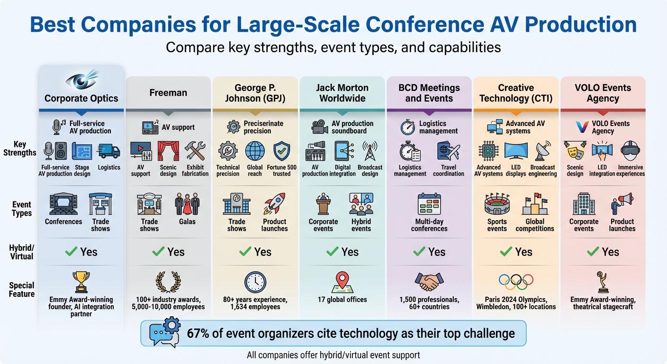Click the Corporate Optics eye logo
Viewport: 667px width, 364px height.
coord(81,79)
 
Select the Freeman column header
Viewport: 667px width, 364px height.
coord(168,93)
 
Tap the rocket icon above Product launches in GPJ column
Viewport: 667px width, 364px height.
coord(275,204)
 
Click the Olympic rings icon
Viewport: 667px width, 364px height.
coord(516,282)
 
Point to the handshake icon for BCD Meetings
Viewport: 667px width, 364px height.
coord(429,282)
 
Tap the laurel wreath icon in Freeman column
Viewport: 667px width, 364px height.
coord(168,282)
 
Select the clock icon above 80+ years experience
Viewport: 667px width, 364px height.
coord(255,282)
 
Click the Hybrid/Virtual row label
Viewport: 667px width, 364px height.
coord(22,252)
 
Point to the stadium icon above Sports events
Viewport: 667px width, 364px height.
coord(497,204)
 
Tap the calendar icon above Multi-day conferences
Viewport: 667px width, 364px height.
coord(429,204)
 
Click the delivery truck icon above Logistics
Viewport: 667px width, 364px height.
coord(109,151)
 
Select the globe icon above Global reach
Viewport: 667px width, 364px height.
coord(255,151)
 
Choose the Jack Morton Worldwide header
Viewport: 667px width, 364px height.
coord(342,93)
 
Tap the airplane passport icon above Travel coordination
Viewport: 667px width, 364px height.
coord(448,151)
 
